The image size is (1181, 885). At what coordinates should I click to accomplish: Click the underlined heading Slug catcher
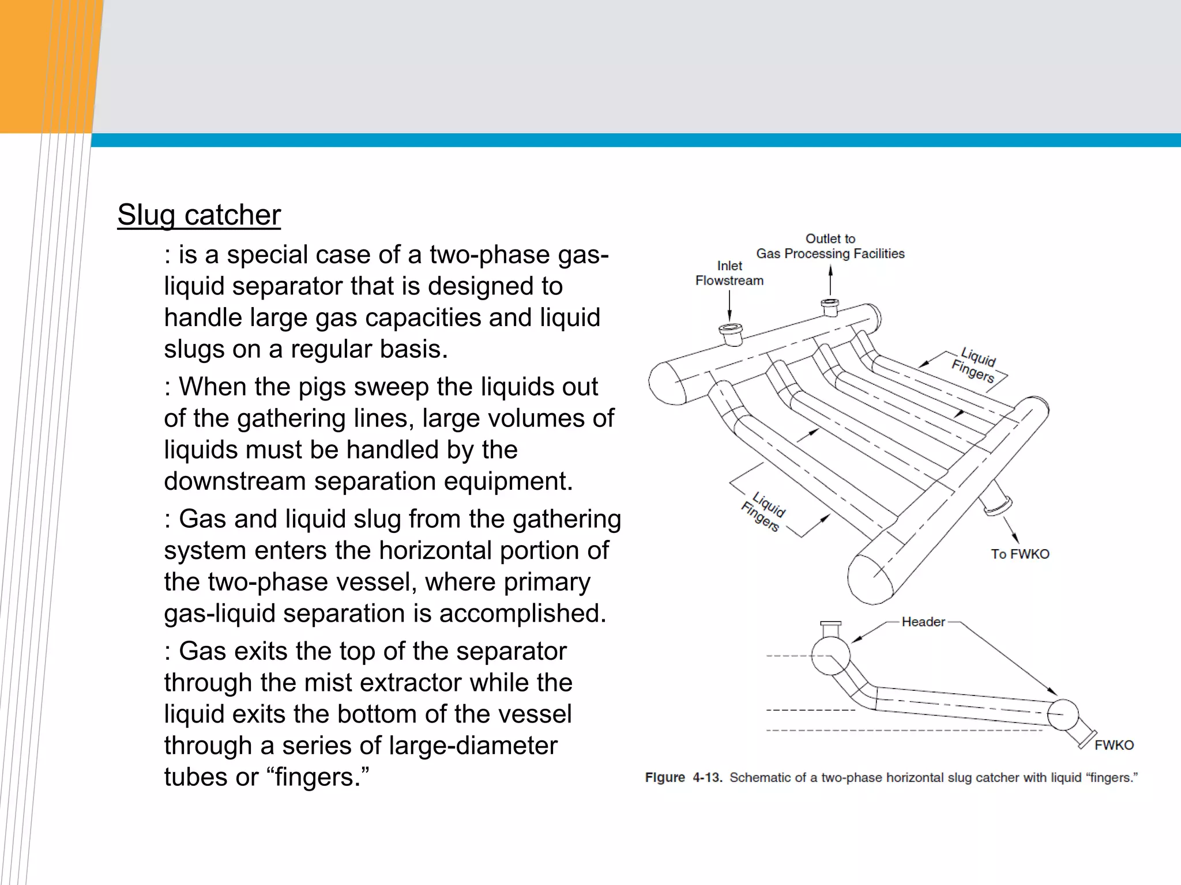click(199, 215)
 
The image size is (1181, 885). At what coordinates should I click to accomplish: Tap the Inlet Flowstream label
click(729, 273)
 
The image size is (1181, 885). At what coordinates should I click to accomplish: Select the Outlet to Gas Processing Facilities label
click(830, 246)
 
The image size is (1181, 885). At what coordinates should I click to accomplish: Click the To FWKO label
click(1020, 554)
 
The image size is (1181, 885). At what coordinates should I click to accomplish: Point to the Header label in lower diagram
click(923, 622)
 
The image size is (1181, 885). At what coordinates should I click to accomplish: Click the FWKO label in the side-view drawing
click(1114, 745)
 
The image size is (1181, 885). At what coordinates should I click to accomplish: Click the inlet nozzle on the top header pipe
click(731, 334)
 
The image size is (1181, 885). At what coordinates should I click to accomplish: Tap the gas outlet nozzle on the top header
click(830, 307)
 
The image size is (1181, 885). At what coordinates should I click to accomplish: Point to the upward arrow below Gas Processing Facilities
click(830, 280)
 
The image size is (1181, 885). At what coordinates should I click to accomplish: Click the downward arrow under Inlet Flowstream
click(729, 305)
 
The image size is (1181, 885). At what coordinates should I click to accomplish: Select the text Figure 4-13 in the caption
click(683, 777)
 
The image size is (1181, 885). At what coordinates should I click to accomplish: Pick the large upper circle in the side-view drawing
click(830, 655)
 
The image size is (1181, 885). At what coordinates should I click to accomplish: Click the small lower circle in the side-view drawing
click(1062, 714)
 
